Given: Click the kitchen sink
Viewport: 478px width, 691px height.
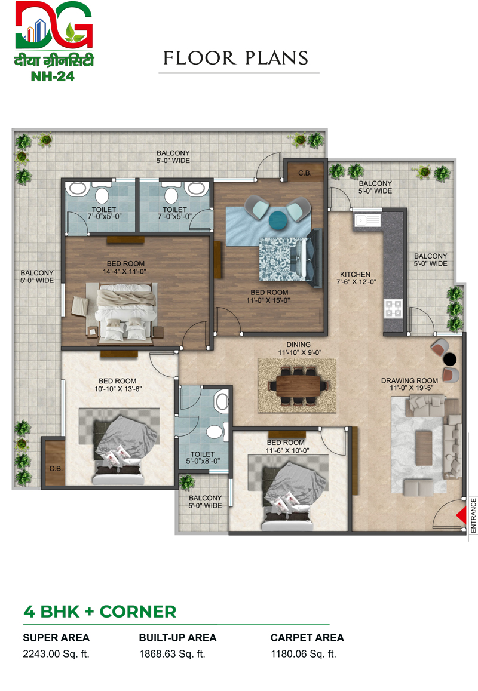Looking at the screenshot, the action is click(367, 220).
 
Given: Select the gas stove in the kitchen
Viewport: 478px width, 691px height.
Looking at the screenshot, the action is click(393, 308).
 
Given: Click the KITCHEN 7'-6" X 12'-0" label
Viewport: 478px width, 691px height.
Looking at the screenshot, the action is click(356, 278).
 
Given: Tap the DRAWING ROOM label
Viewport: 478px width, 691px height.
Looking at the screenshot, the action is click(410, 381).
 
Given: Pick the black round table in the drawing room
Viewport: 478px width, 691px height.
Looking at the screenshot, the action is click(450, 359).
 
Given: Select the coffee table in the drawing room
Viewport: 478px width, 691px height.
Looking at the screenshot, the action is click(423, 448).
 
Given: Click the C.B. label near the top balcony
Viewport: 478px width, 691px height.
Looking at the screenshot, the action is click(304, 173).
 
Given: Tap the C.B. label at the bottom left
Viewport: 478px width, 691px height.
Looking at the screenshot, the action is click(56, 468).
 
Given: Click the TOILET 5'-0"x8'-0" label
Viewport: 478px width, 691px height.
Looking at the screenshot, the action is click(203, 458).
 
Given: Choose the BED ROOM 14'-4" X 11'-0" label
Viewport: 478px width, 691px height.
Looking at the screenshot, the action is click(125, 268).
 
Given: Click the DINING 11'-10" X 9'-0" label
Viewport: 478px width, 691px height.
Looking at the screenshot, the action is click(299, 349).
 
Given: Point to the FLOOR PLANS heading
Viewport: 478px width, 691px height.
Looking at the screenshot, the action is click(236, 58).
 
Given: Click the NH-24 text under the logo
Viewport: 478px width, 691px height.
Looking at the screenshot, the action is click(53, 76).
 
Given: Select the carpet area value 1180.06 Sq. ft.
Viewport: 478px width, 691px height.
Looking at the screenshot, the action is click(304, 654).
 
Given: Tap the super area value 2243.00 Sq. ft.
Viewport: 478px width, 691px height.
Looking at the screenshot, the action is click(56, 654).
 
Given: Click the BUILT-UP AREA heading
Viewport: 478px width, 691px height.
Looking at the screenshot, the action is click(177, 638).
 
